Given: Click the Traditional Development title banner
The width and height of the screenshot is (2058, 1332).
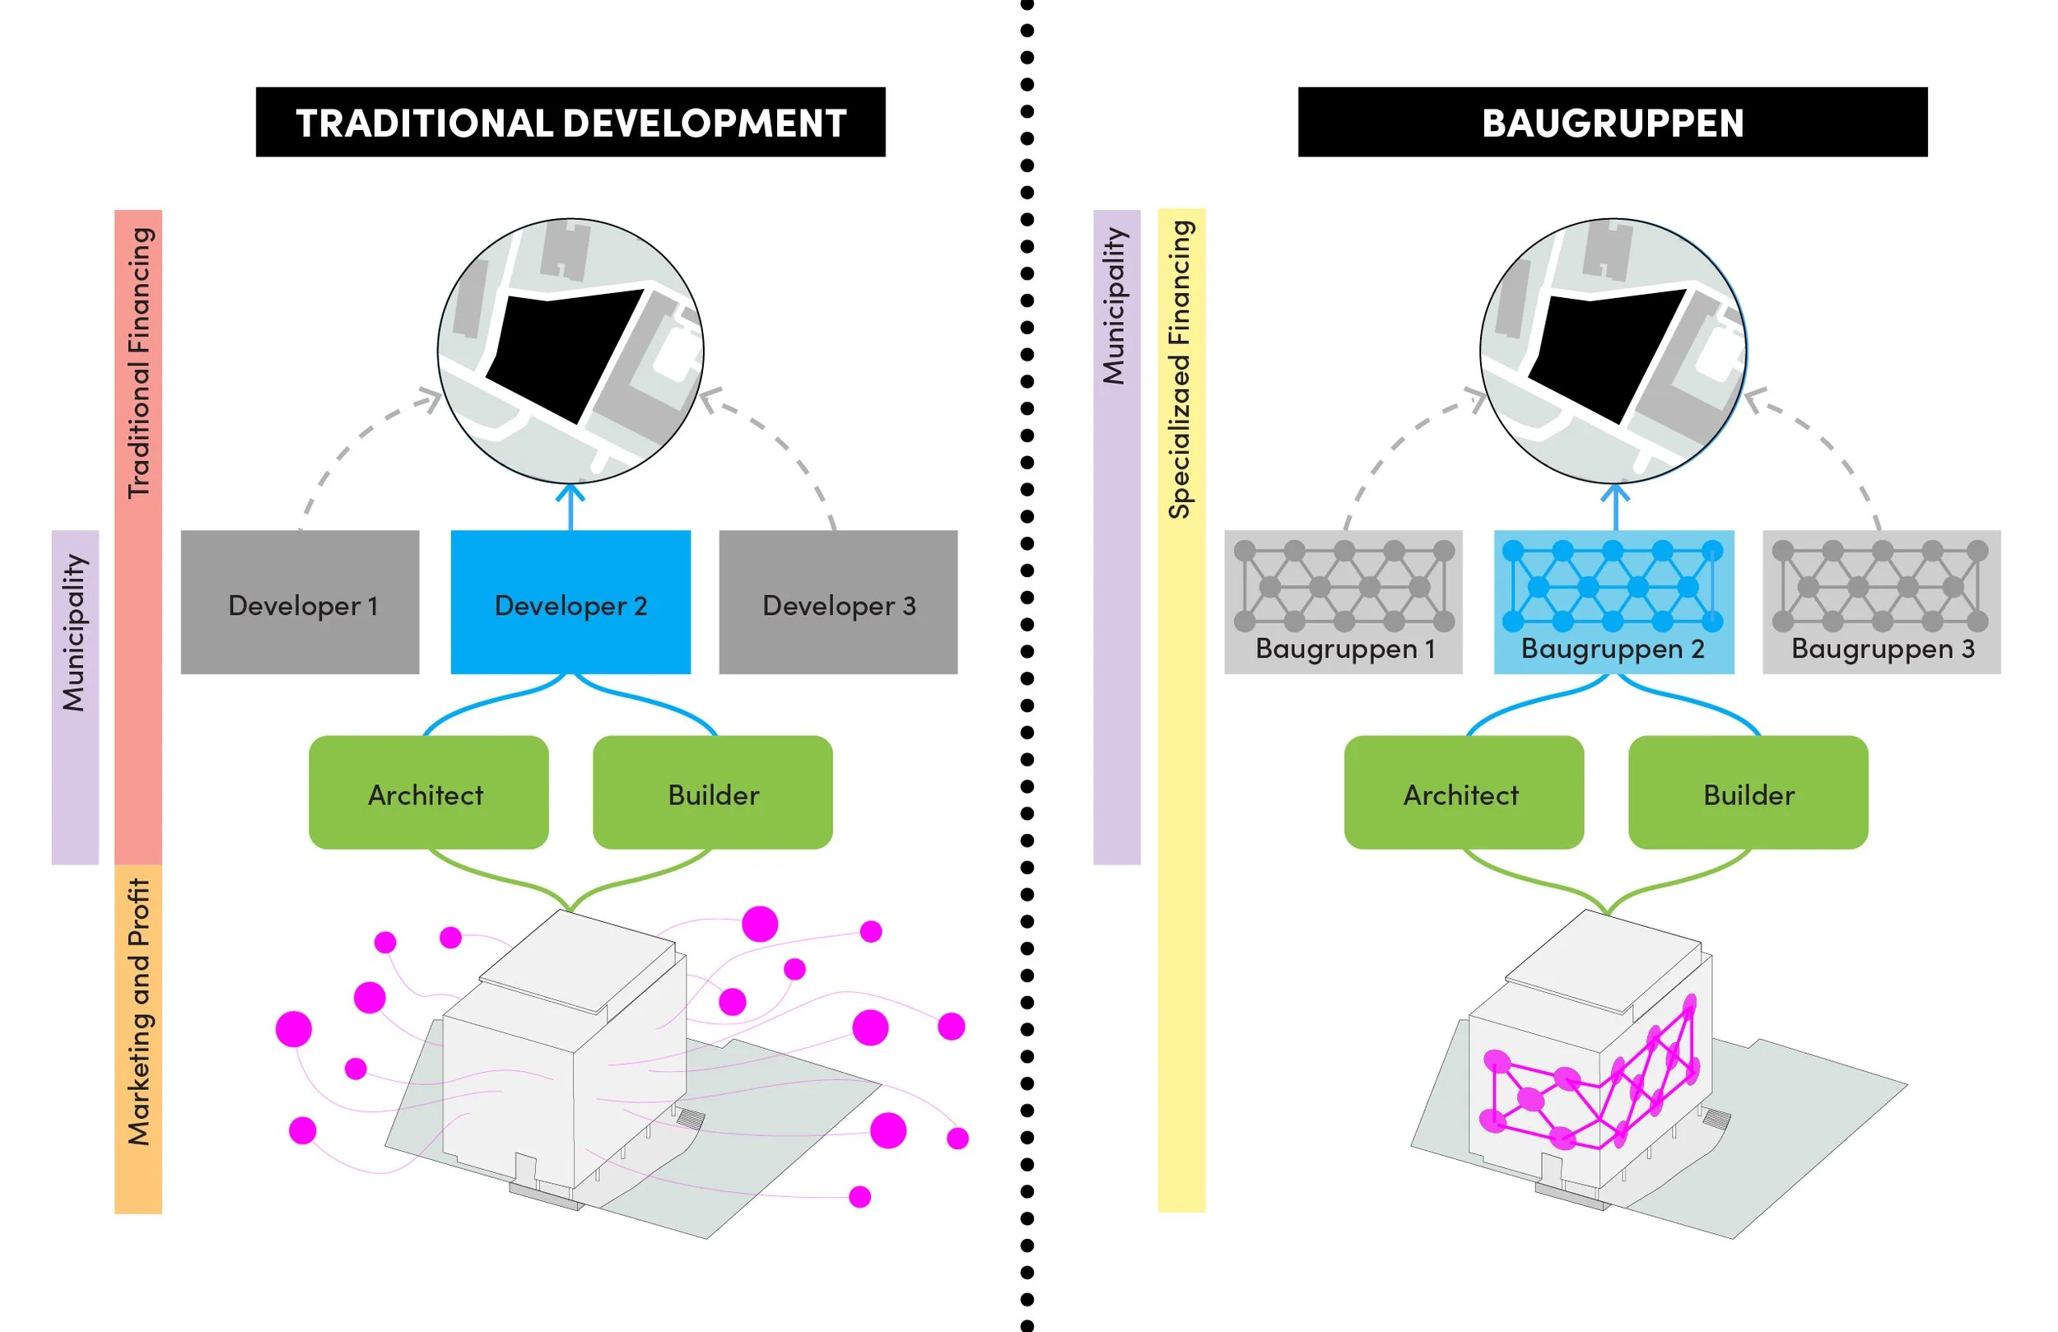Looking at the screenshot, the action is point(570,122).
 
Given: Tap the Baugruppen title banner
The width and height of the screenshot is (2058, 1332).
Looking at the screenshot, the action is point(1613,122).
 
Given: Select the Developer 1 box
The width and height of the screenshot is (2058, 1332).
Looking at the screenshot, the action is point(300,602).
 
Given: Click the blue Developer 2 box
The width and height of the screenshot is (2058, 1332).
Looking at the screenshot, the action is point(570,602).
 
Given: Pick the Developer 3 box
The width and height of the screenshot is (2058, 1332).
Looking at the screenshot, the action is point(839,602).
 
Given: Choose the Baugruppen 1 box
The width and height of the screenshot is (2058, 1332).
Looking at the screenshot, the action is point(1343,602).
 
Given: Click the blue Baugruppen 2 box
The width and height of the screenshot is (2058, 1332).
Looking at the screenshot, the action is point(1614,602).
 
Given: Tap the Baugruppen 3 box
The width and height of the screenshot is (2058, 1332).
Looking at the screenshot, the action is point(1882,602).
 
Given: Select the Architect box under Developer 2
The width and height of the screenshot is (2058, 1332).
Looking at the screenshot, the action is point(429,792).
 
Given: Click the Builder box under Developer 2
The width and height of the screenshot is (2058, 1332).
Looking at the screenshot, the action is point(714,792).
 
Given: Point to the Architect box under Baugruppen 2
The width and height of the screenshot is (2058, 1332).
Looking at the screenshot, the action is point(1464,792).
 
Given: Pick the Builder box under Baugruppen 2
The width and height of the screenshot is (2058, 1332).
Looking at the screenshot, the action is point(1748,792).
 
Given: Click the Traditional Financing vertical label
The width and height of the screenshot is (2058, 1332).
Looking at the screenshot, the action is point(139,362).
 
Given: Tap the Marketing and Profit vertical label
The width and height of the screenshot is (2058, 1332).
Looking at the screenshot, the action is point(139,1013).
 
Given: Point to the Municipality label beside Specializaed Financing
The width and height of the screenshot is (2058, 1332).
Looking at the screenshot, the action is point(1115,306).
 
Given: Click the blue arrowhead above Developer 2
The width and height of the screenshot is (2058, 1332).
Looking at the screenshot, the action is point(570,492).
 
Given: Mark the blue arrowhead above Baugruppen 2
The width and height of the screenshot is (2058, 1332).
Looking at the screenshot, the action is point(1615,492).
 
